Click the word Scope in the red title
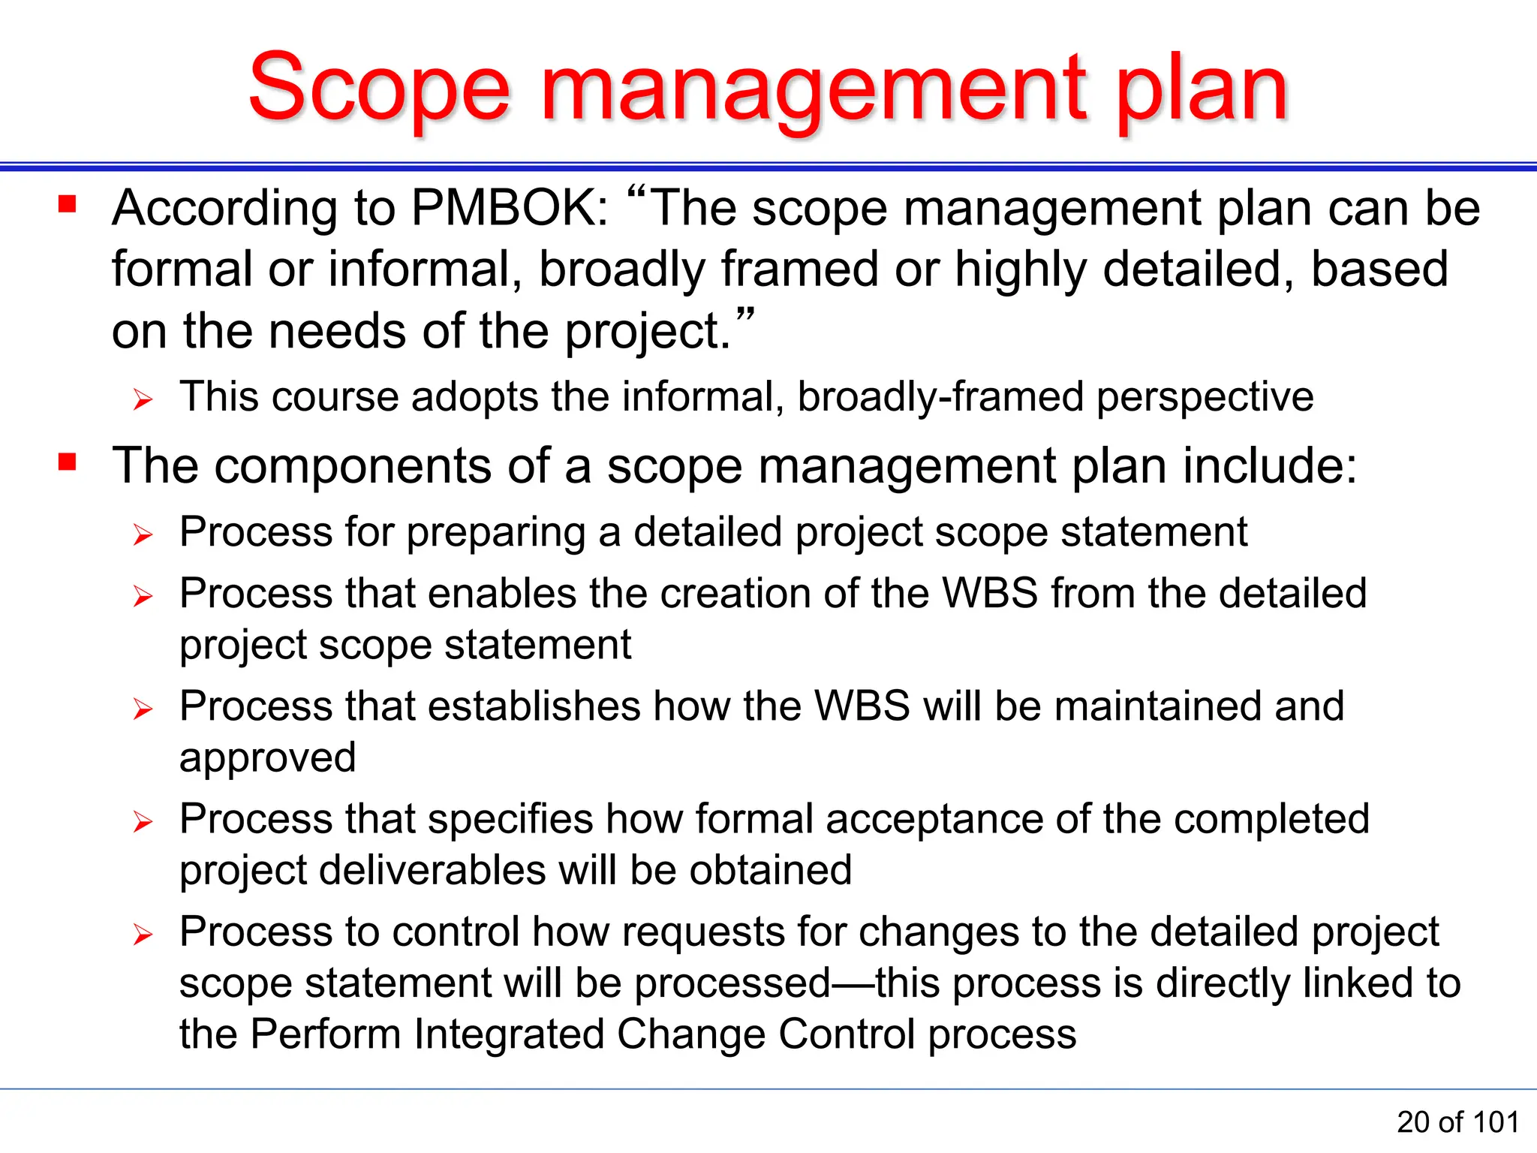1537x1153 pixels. tap(379, 89)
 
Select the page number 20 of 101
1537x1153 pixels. tap(1457, 1122)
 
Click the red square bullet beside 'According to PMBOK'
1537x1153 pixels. tap(68, 204)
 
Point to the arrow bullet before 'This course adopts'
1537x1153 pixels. tap(143, 399)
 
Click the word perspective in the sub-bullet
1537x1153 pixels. tap(1205, 397)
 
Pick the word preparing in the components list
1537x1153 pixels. tap(495, 534)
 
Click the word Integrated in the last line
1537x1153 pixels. tap(509, 1034)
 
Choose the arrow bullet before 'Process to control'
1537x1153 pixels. tap(143, 935)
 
